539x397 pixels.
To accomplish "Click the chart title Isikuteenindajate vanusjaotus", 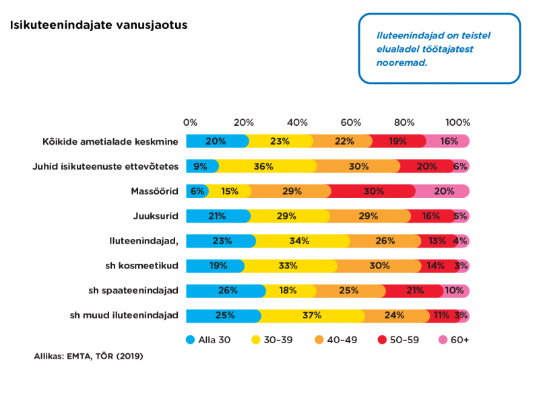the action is [x=98, y=25].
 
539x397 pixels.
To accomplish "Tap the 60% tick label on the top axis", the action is [x=350, y=122].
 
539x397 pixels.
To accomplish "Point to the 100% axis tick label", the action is [x=457, y=122].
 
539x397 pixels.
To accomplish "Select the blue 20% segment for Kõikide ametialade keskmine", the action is [x=217, y=141].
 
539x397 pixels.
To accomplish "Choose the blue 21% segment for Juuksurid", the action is [x=218, y=216].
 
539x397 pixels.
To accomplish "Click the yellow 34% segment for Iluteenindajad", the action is [x=300, y=241].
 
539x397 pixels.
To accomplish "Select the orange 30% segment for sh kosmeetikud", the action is [x=378, y=266].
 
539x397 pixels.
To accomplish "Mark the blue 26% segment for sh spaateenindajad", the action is [x=226, y=291].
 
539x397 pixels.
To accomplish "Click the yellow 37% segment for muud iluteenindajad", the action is [x=311, y=316].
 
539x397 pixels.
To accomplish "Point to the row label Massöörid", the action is [x=155, y=191].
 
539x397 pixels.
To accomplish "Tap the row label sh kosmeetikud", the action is [x=141, y=266].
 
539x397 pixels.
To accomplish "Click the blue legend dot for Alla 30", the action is [x=190, y=340].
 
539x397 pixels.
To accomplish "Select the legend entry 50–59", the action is [x=398, y=340].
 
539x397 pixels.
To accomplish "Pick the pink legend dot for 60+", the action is [x=443, y=340].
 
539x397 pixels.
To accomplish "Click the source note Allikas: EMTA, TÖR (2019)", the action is [x=88, y=356].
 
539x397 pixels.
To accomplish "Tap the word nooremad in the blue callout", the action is [x=402, y=63].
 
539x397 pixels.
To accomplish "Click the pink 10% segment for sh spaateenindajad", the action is [x=454, y=291].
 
